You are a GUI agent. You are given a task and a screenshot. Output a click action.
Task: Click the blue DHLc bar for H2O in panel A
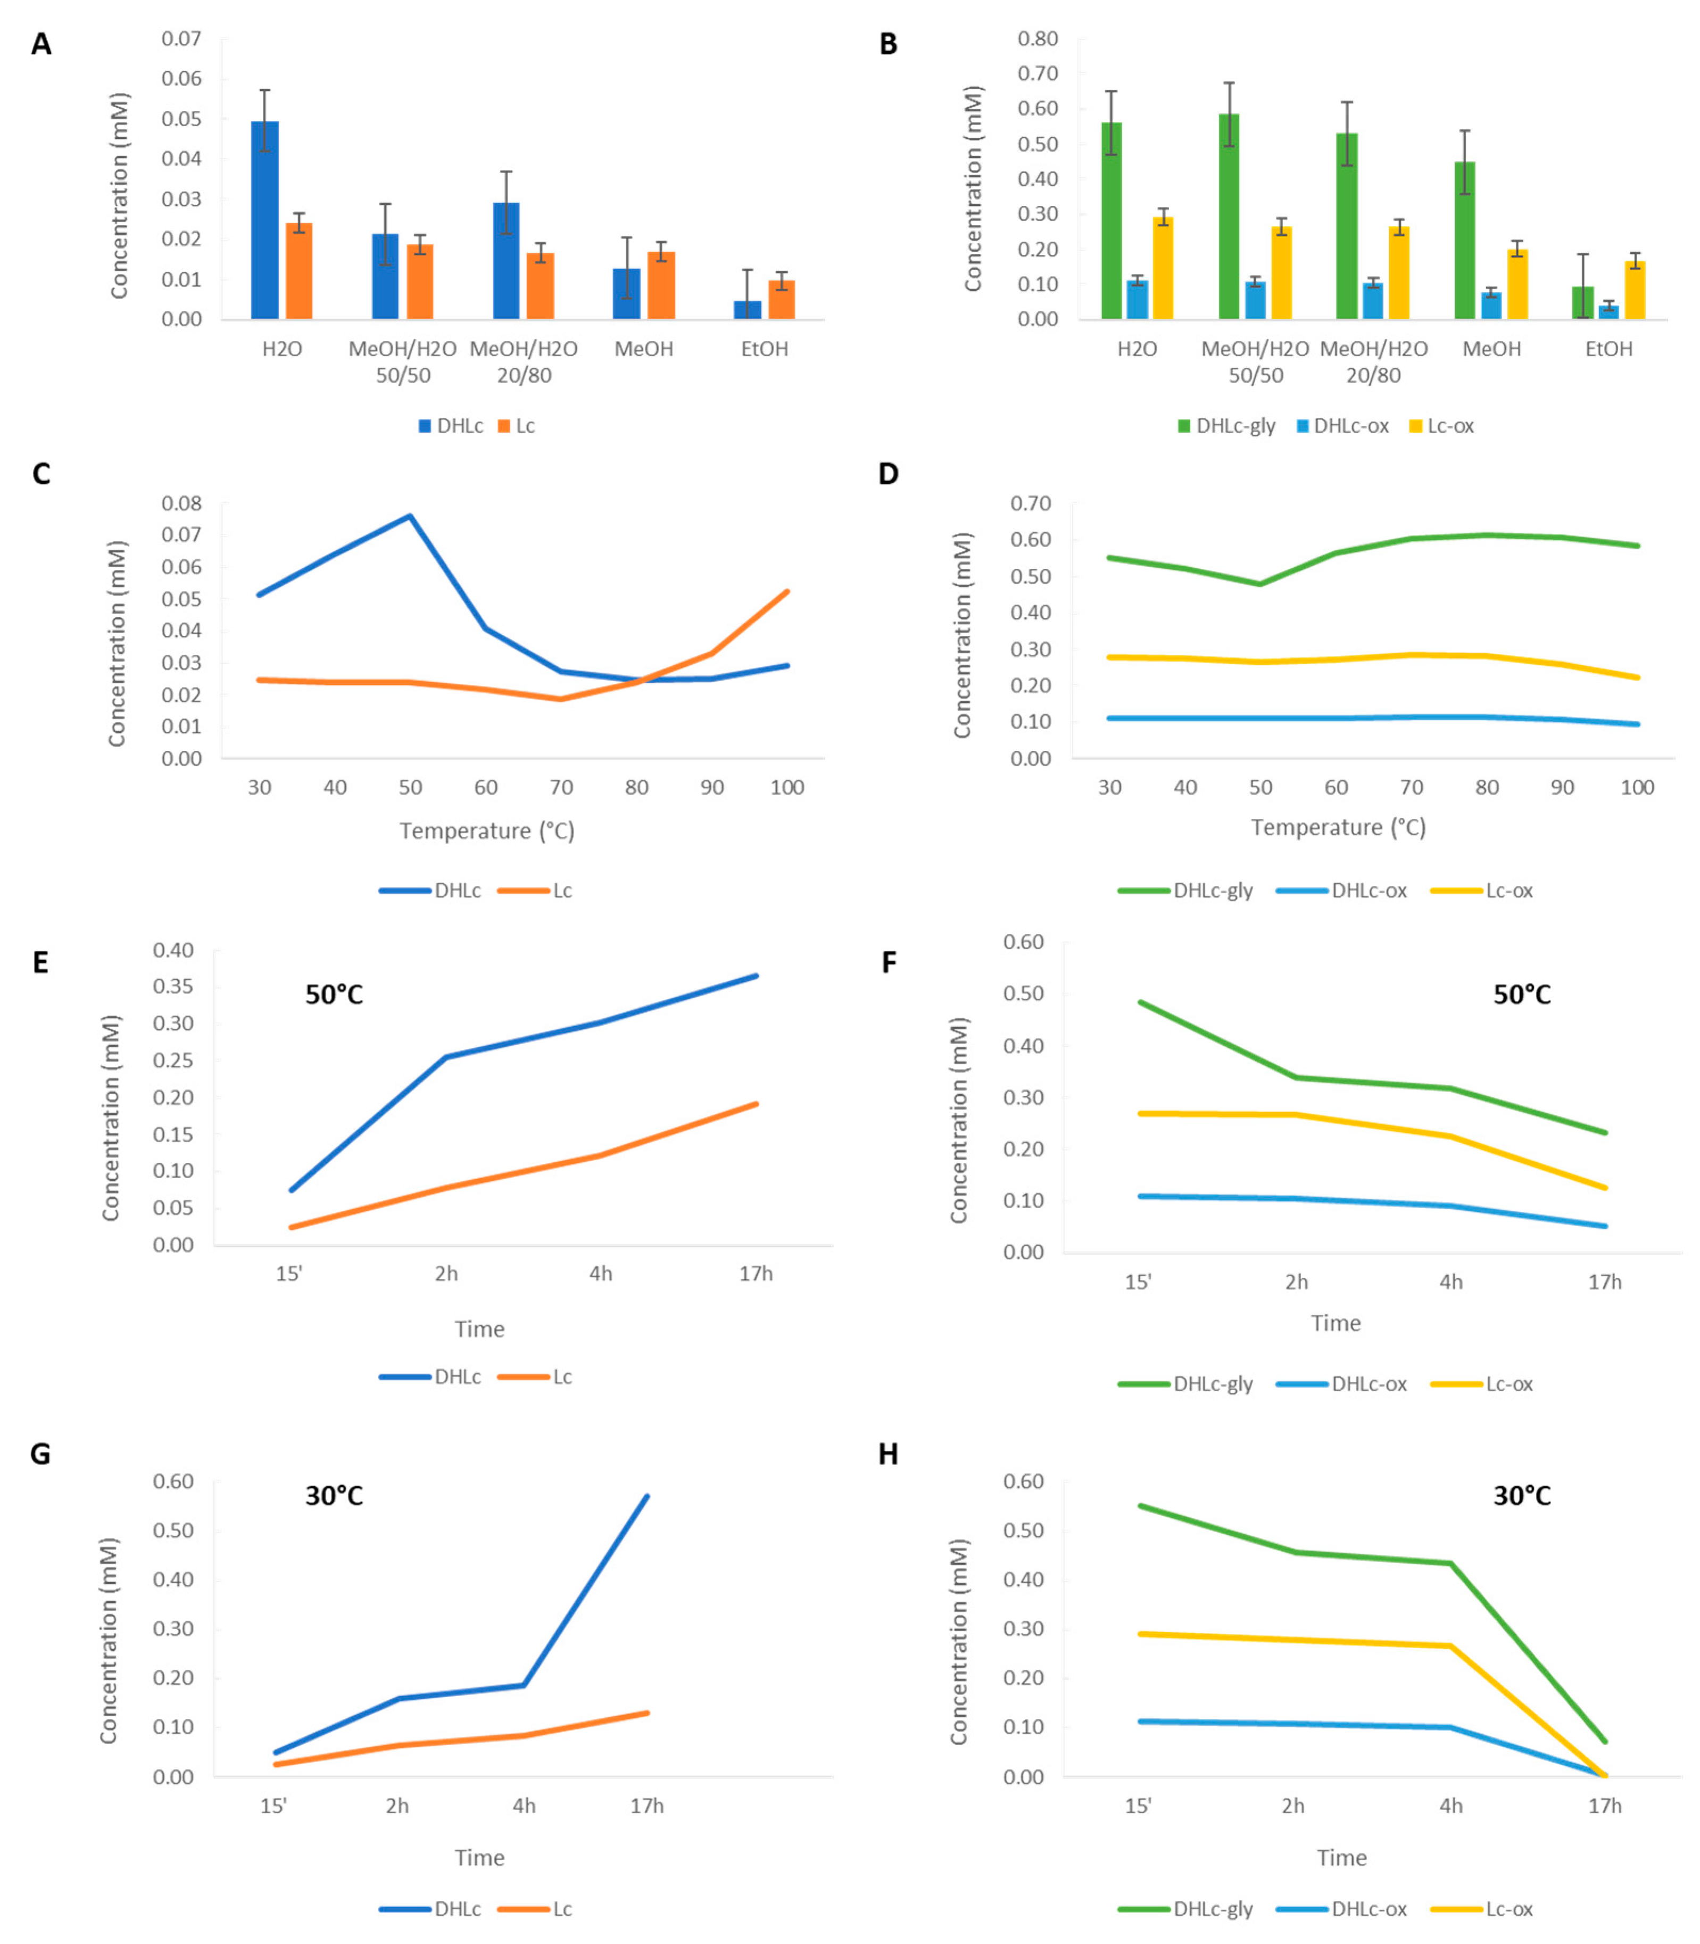tap(264, 220)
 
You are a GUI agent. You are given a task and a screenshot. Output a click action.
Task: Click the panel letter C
tap(41, 474)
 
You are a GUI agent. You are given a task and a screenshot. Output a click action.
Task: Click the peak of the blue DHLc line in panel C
tap(410, 516)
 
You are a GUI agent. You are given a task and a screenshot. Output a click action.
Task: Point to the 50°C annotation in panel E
tap(334, 994)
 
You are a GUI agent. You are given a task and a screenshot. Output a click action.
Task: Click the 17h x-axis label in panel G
tap(647, 1806)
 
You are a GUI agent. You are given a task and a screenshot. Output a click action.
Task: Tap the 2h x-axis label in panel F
tap(1296, 1282)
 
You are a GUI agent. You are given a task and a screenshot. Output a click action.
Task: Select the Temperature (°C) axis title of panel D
tap(1338, 828)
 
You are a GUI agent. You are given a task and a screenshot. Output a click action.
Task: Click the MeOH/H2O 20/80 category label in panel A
tap(524, 361)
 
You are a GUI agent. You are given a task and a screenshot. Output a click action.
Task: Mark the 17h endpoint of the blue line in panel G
tap(647, 1496)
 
